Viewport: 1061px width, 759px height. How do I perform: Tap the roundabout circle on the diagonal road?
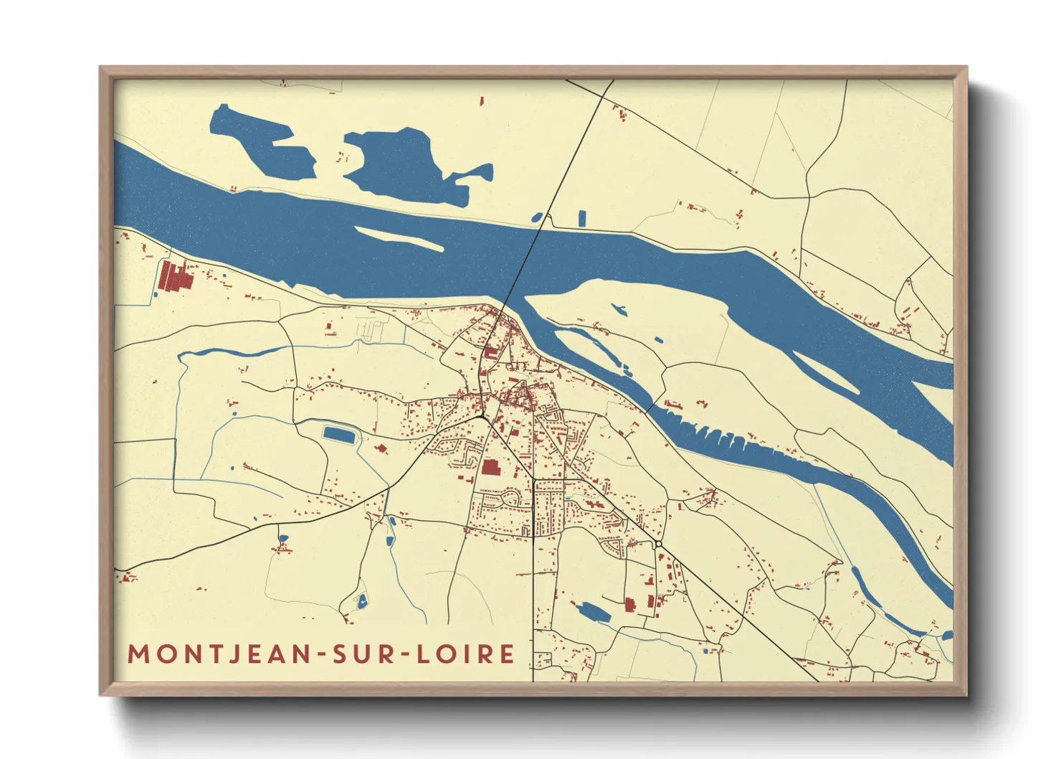point(658,544)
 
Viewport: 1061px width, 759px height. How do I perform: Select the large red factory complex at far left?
point(174,276)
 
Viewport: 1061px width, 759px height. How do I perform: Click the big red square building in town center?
point(490,468)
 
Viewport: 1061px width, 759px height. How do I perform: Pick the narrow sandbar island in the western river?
point(399,237)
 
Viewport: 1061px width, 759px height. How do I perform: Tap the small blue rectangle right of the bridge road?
point(582,217)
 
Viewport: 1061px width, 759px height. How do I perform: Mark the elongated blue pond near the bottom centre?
point(592,612)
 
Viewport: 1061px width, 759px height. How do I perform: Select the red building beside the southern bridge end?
point(491,352)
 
